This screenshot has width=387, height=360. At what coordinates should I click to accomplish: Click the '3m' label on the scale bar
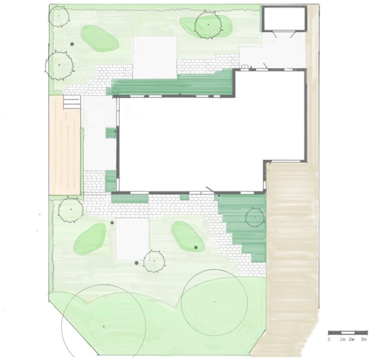pos(364,339)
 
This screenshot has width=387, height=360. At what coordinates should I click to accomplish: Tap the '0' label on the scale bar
pos(329,339)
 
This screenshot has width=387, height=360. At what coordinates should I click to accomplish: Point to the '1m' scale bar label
pos(342,339)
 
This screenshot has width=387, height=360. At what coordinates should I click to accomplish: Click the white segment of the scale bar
pos(348,332)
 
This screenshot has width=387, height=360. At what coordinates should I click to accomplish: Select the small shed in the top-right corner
pos(284,19)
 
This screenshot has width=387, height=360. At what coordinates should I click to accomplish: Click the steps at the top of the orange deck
pos(72,102)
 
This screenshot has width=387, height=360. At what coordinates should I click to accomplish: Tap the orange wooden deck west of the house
pos(65,145)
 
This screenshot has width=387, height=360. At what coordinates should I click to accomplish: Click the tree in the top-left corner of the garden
pos(58,16)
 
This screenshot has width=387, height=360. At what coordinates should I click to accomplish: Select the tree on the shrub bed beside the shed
pos(208,25)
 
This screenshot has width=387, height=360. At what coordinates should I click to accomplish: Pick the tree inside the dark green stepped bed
pos(255,217)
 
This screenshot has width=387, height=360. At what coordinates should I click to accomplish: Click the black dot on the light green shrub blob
pos(196,247)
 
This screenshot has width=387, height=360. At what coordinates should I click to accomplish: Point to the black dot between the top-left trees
pos(72,44)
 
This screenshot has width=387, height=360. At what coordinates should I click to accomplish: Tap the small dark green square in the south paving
pos(184,197)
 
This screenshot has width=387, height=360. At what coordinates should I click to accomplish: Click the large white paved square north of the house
pos(155,57)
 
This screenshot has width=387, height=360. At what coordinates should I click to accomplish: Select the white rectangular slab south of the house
pos(133,239)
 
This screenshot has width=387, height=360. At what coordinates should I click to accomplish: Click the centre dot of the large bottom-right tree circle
pos(214,302)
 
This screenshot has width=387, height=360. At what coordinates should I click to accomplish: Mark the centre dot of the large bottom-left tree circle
pos(104,326)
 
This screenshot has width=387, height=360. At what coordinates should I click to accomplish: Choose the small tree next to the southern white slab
pos(154,261)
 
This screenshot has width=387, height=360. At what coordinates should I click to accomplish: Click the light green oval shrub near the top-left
pos(99,38)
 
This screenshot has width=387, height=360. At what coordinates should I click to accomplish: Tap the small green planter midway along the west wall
pos(110,133)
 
